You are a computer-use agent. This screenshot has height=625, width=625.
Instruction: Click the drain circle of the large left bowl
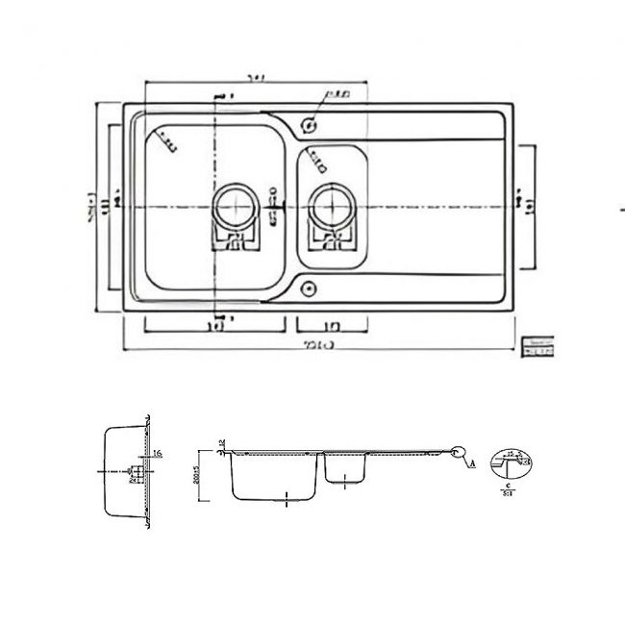[x=234, y=204]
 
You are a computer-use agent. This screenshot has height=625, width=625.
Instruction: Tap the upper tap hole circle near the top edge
[x=310, y=124]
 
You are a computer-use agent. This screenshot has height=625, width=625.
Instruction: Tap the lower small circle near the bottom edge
[x=309, y=286]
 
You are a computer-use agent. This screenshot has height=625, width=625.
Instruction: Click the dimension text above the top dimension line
[x=255, y=77]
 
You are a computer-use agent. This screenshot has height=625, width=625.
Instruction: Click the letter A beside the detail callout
[x=472, y=462]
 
